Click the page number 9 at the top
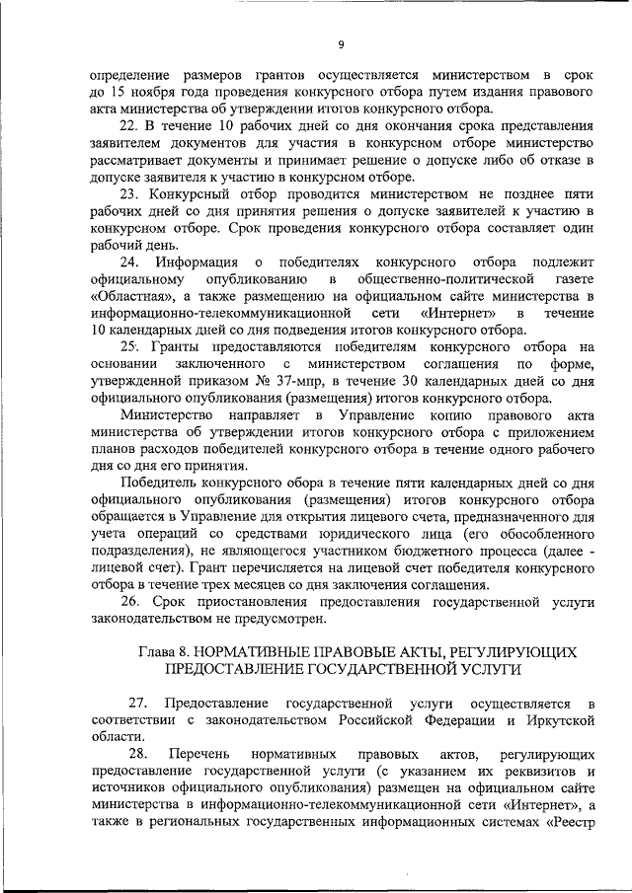point(341,44)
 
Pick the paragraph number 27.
point(137,704)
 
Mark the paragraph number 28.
point(137,755)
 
